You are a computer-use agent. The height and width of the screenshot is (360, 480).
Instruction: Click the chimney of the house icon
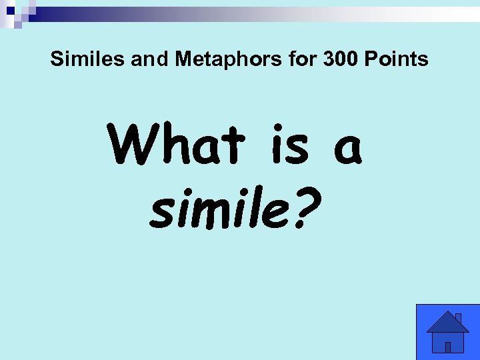coord(457,319)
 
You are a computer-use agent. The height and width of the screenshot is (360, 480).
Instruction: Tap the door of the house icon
coord(448,347)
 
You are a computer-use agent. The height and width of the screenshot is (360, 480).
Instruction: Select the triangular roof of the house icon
coord(447,323)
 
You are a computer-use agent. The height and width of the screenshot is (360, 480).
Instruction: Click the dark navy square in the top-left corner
coord(10,11)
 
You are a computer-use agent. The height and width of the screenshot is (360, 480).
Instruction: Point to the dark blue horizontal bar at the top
coord(133,13)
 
